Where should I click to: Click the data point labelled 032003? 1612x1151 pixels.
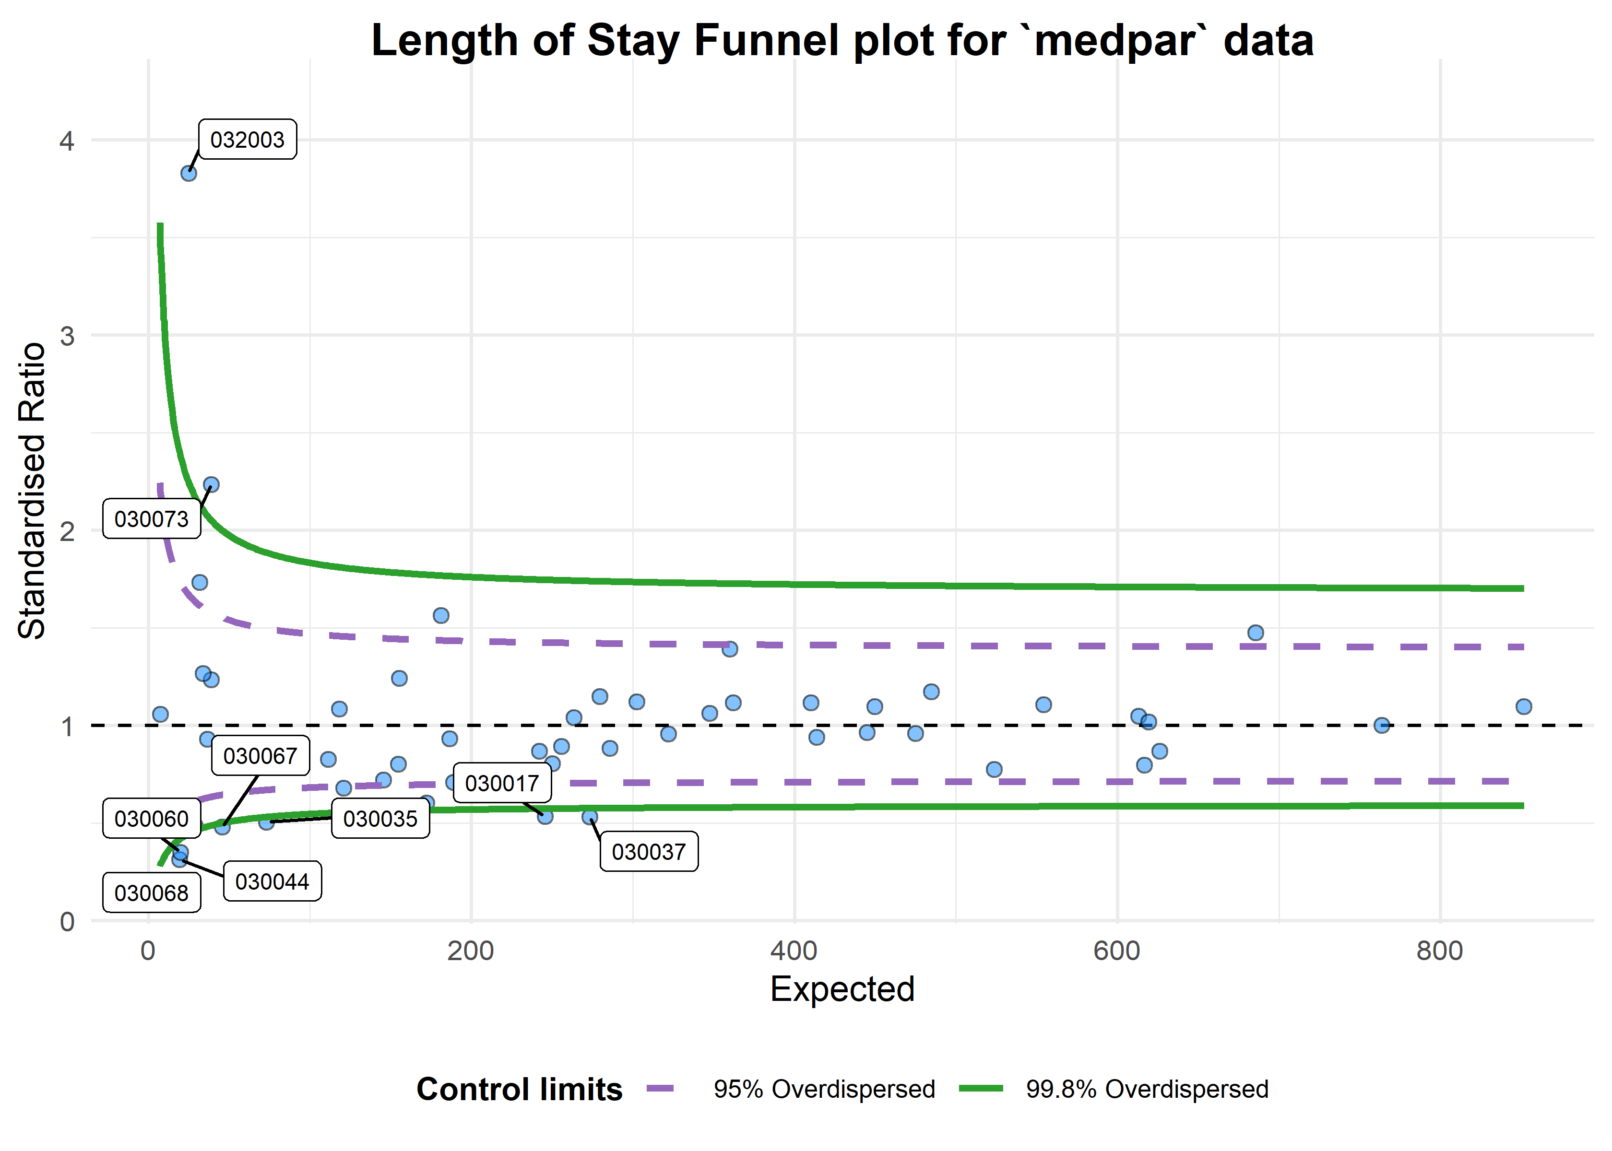(x=189, y=173)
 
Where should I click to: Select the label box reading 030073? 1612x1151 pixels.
(x=151, y=519)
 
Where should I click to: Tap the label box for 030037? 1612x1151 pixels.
(x=649, y=851)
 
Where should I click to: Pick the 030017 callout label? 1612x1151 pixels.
(x=502, y=783)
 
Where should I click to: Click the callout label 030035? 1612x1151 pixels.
(x=380, y=819)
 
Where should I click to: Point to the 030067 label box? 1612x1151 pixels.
(x=260, y=755)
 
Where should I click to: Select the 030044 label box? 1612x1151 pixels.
(x=272, y=881)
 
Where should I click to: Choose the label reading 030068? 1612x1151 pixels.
(x=151, y=893)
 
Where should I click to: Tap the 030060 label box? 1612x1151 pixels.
(x=151, y=819)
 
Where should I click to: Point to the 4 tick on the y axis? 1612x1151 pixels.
(x=67, y=141)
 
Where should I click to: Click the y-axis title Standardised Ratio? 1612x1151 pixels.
(x=32, y=491)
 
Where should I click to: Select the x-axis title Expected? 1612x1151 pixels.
(x=842, y=989)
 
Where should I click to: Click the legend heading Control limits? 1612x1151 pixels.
(x=519, y=1089)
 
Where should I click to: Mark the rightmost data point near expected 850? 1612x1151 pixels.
(x=1523, y=706)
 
